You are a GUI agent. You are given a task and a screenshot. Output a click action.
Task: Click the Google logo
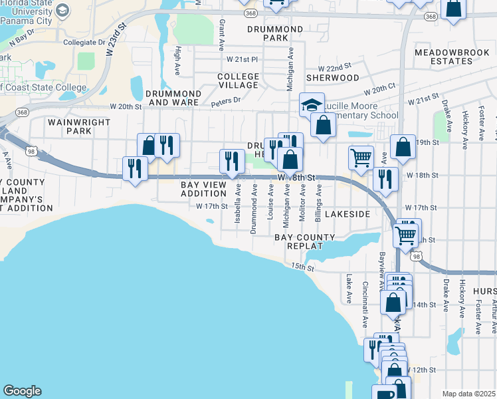pyautogui.click(x=22, y=391)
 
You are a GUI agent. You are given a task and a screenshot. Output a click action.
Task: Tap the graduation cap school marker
pyautogui.click(x=311, y=105)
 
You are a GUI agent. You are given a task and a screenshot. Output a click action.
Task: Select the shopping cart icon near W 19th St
pyautogui.click(x=361, y=158)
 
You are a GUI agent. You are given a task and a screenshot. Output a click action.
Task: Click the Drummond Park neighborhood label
pyautogui.click(x=275, y=34)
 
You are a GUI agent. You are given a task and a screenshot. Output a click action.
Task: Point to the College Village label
pyautogui.click(x=238, y=80)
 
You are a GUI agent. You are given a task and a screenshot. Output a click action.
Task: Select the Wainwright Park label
pyautogui.click(x=70, y=126)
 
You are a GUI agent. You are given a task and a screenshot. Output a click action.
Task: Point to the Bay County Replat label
pyautogui.click(x=305, y=241)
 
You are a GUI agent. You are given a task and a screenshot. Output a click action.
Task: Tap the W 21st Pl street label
pyautogui.click(x=241, y=59)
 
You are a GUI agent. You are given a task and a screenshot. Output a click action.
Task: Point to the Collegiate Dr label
pyautogui.click(x=84, y=42)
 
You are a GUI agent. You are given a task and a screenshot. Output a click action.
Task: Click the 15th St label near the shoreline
pyautogui.click(x=302, y=267)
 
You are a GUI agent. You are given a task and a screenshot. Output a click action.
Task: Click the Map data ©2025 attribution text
pyautogui.click(x=468, y=394)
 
